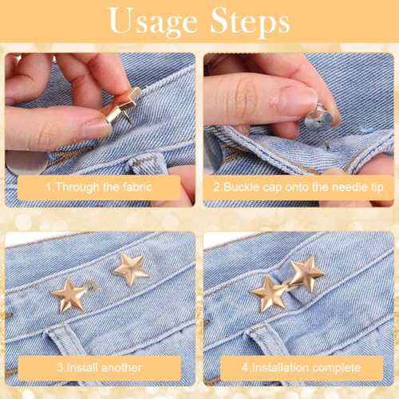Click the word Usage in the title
click(153, 22)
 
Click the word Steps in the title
click(250, 22)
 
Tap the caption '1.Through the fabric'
click(99, 187)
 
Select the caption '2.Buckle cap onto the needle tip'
click(298, 187)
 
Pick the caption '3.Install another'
click(99, 368)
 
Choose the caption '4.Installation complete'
click(302, 368)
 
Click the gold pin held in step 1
click(121, 106)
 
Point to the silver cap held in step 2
click(318, 117)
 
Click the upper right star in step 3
click(132, 269)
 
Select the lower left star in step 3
click(69, 295)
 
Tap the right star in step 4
click(307, 274)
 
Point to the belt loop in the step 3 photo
click(64, 341)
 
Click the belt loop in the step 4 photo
click(266, 341)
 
